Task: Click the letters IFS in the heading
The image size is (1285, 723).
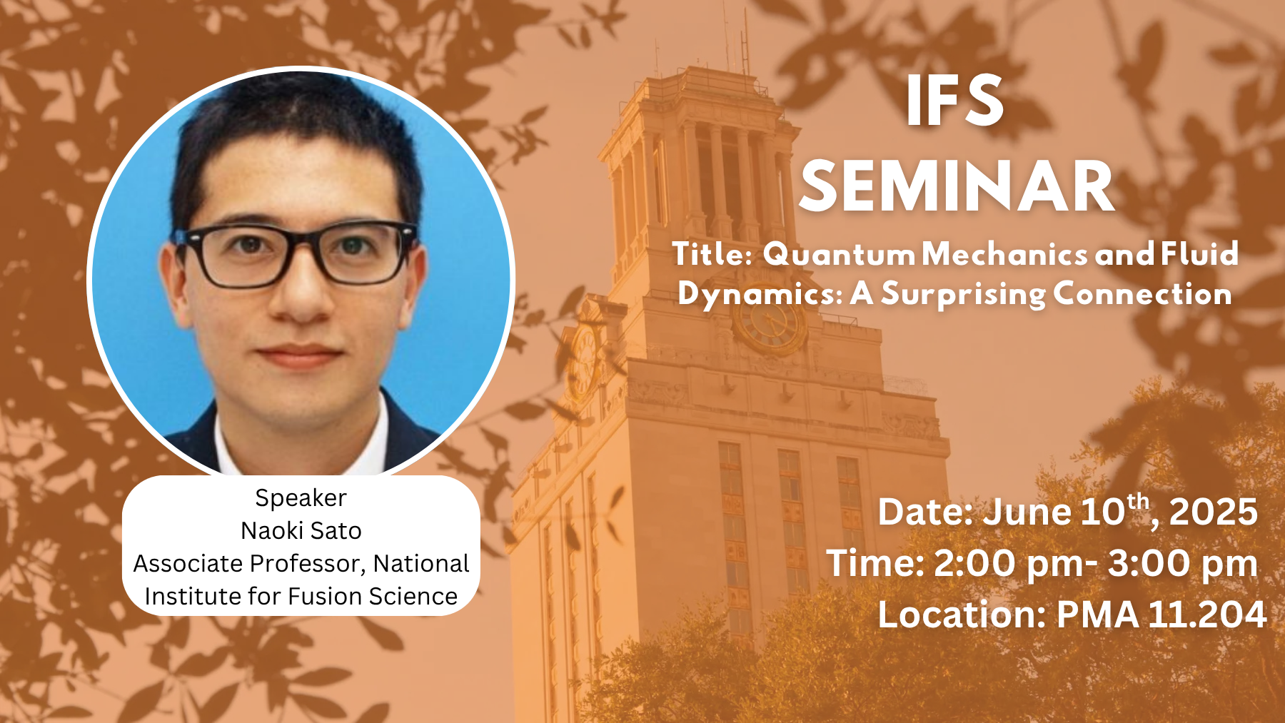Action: [x=954, y=102]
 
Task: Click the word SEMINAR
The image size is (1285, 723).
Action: [x=957, y=187]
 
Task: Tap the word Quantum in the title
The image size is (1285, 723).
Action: [x=839, y=255]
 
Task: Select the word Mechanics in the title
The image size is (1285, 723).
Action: [x=1004, y=255]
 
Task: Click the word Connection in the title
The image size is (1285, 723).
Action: [x=1142, y=294]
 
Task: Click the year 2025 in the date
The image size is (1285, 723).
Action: [x=1213, y=512]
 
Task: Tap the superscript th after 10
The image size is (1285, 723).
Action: [x=1139, y=501]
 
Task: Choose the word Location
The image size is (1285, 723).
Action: [x=961, y=615]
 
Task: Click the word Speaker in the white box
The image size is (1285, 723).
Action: [x=301, y=497]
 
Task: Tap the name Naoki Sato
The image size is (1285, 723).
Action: [x=301, y=530]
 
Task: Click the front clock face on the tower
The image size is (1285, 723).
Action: [x=769, y=323]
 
